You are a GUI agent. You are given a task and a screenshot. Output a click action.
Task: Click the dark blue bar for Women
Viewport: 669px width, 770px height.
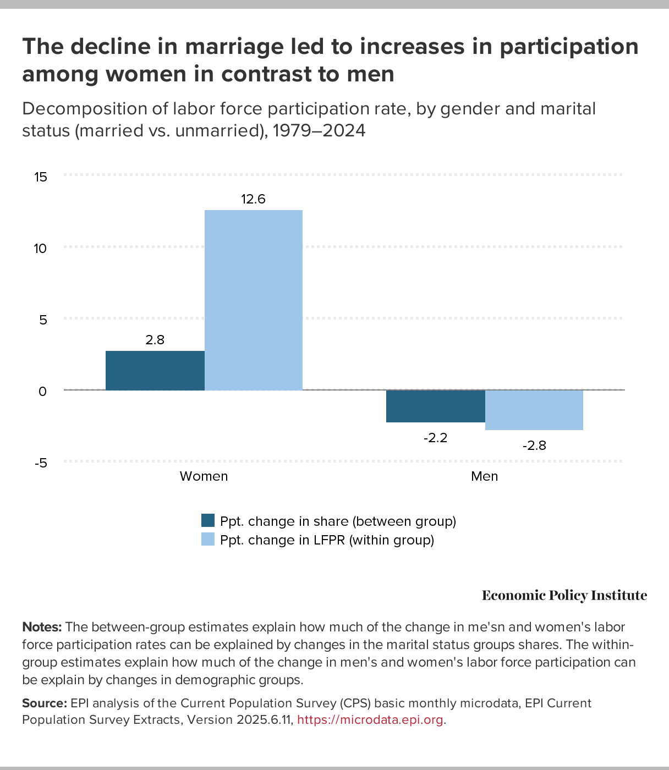(x=155, y=370)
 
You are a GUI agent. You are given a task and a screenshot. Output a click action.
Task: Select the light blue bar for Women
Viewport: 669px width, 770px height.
(x=253, y=300)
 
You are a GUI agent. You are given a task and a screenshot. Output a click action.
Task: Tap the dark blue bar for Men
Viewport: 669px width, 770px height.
(x=435, y=406)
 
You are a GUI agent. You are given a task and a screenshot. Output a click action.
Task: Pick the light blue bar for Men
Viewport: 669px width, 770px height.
(x=534, y=410)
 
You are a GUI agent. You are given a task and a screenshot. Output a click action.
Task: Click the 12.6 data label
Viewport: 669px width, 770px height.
(x=253, y=199)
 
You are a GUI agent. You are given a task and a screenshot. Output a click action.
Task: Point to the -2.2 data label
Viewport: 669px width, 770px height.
(x=435, y=438)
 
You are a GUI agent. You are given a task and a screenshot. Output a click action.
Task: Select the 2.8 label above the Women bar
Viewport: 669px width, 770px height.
(x=155, y=340)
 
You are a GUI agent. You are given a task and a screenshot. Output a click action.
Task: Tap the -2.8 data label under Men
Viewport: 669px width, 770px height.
(x=534, y=446)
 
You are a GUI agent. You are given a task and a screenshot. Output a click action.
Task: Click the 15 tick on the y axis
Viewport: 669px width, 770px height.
(x=40, y=177)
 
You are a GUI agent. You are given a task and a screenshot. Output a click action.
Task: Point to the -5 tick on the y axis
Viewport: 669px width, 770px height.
(x=41, y=463)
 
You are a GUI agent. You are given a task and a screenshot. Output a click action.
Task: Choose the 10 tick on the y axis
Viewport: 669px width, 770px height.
(x=40, y=248)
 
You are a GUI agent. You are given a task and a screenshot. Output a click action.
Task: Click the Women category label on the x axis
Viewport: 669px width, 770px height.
(x=204, y=476)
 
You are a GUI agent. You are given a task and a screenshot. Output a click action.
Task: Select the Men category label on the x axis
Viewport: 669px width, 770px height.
(x=484, y=476)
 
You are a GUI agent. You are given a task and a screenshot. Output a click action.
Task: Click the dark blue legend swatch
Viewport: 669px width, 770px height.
(x=208, y=520)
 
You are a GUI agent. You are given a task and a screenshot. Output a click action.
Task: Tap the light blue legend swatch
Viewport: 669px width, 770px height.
(x=208, y=540)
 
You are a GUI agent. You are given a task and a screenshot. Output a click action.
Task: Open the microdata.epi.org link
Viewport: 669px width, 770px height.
(x=370, y=720)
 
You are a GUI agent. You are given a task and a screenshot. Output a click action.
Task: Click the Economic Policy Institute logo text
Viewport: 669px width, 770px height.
(x=564, y=596)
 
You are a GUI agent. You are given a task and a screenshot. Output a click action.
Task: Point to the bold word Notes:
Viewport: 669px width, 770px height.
(x=42, y=627)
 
